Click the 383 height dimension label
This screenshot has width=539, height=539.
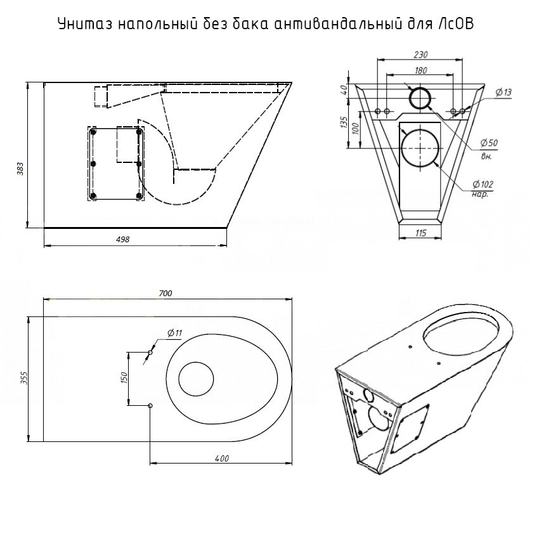21,169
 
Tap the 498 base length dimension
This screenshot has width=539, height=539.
123,239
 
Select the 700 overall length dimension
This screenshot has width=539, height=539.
166,293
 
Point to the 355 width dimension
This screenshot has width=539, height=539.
23,377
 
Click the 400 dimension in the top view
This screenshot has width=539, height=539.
222,458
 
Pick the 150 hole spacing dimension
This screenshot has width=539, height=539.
124,378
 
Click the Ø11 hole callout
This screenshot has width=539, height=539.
174,333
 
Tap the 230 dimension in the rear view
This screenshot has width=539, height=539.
420,55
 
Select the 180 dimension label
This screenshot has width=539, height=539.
420,70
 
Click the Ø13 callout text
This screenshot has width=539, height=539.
503,92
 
